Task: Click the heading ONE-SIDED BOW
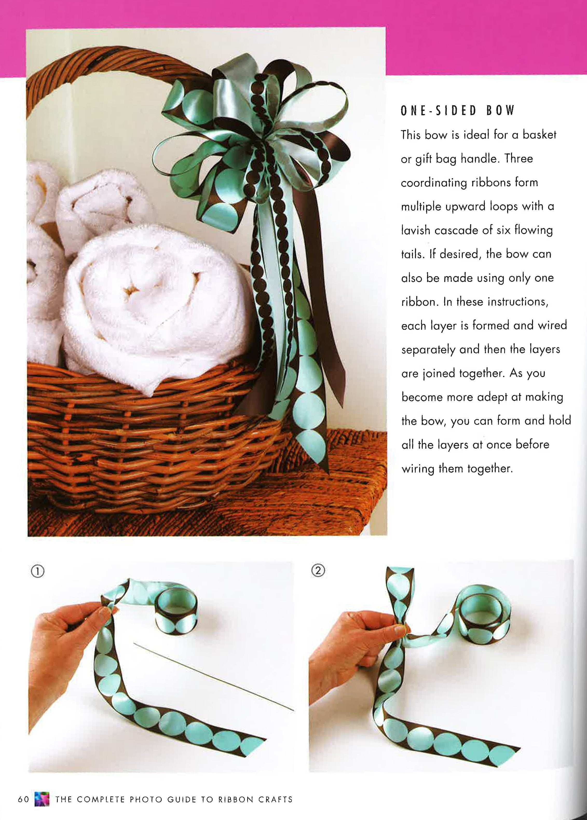coord(457,111)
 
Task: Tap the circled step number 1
coord(38,571)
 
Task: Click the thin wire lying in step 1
coord(213,676)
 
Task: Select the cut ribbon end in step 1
coord(253,745)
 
